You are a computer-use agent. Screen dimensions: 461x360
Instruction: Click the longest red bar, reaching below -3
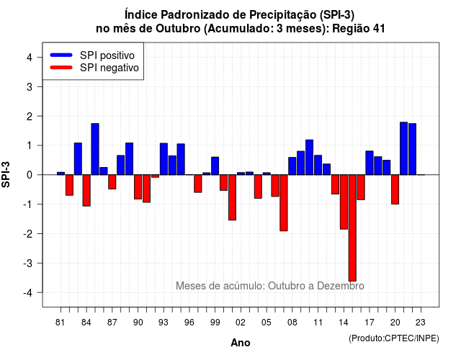tap(352, 228)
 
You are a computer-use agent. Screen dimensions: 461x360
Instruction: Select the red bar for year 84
tap(86, 190)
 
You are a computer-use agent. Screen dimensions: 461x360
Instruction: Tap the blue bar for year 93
tap(164, 159)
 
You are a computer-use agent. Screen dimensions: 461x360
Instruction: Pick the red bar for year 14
tap(344, 202)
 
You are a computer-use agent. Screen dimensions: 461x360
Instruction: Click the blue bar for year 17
tap(370, 163)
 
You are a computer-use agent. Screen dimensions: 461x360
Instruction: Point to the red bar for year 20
tap(395, 189)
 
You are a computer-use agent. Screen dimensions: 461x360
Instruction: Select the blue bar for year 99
tap(215, 166)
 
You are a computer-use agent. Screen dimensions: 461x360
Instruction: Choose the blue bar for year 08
tap(292, 166)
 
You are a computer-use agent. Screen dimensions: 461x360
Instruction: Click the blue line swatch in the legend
tap(61, 55)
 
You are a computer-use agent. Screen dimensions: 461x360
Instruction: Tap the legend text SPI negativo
tap(109, 68)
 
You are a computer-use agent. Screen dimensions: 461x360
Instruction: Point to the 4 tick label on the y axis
tap(30, 58)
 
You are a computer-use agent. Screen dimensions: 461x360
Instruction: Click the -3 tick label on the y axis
tap(28, 263)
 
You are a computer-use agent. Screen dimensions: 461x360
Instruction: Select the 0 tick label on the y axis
tap(30, 175)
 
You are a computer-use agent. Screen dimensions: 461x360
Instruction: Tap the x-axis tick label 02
tap(241, 323)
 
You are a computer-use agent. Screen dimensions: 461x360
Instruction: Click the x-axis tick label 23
tap(421, 323)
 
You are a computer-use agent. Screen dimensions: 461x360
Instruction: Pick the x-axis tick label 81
tap(61, 323)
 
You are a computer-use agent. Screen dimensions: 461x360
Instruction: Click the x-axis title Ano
tap(241, 343)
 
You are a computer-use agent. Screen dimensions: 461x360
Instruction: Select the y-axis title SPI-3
tap(6, 174)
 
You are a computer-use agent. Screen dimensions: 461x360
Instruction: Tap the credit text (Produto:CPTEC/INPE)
tap(394, 338)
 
